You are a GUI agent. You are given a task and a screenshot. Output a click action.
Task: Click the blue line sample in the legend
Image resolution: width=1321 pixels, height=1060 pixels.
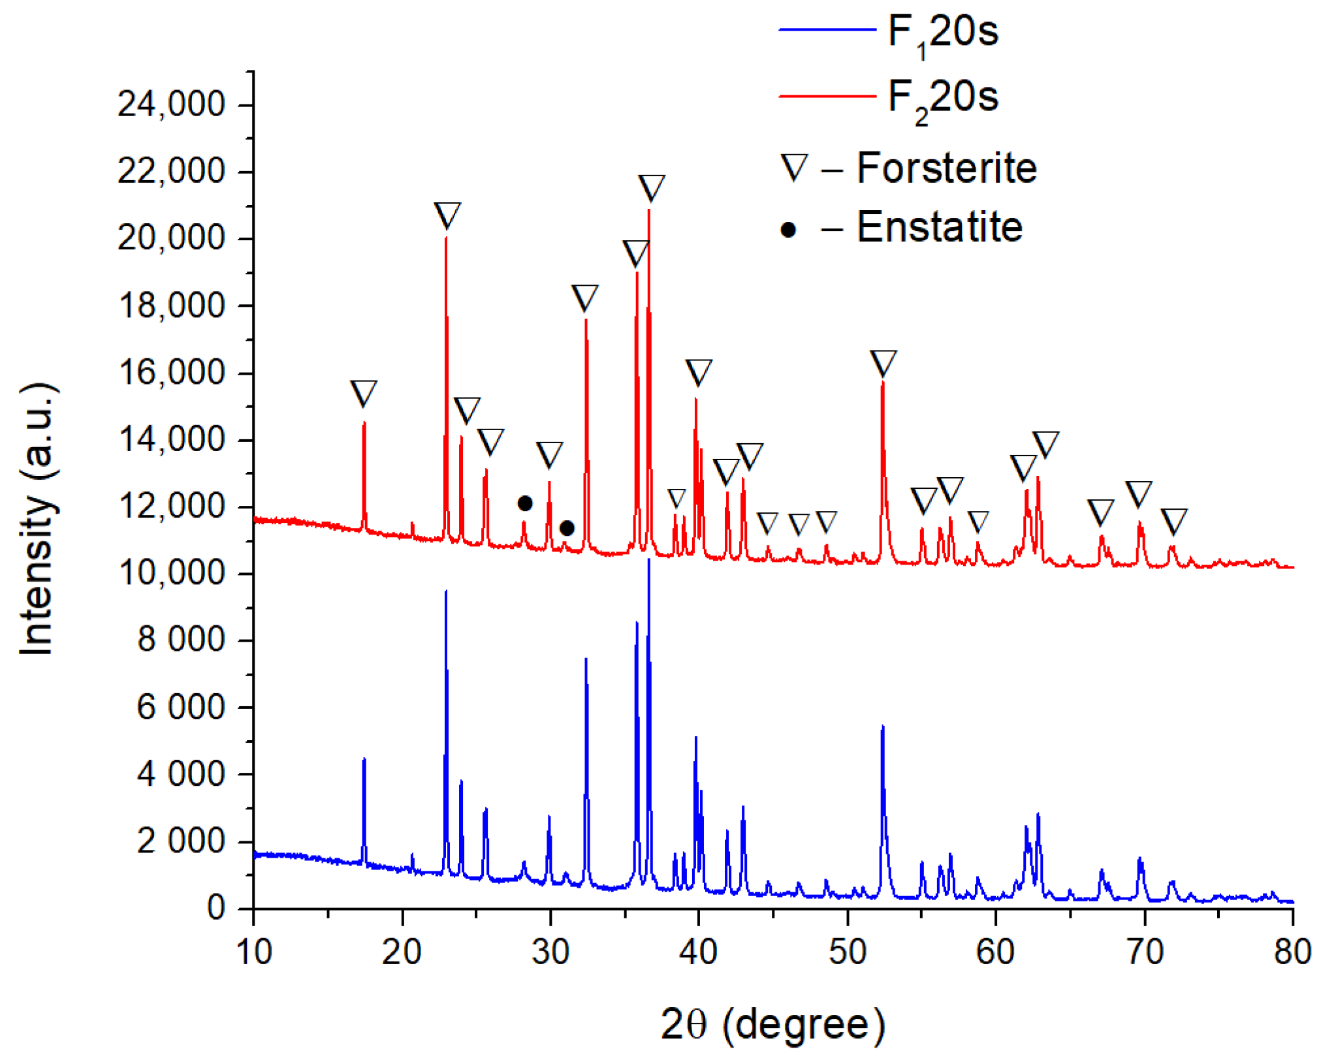pyautogui.click(x=827, y=30)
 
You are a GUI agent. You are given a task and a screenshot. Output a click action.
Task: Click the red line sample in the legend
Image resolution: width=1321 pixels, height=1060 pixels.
pyautogui.click(x=827, y=96)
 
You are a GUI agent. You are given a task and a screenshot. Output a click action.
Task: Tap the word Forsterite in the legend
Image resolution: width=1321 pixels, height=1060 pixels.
pyautogui.click(x=946, y=168)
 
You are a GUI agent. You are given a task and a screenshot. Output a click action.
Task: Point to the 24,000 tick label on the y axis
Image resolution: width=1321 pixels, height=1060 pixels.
pyautogui.click(x=171, y=104)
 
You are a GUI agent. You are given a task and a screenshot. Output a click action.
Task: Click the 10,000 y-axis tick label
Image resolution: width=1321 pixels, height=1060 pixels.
pyautogui.click(x=171, y=573)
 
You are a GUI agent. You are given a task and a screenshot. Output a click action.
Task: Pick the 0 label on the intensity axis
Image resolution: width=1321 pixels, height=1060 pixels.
pyautogui.click(x=216, y=908)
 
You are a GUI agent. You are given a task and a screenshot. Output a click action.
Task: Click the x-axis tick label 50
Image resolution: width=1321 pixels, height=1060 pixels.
pyautogui.click(x=847, y=952)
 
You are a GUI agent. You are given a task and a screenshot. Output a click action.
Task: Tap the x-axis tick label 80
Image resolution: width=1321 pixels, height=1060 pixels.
pyautogui.click(x=1292, y=952)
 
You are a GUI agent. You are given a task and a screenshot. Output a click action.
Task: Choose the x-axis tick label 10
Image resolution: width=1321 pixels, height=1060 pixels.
pyautogui.click(x=253, y=952)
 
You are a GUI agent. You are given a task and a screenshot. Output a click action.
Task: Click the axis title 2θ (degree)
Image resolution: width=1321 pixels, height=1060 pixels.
pyautogui.click(x=772, y=1024)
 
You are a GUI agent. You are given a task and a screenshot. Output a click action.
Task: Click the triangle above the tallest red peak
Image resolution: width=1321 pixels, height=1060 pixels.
pyautogui.click(x=651, y=187)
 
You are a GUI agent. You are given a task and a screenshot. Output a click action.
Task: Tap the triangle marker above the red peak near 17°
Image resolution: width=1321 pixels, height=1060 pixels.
pyautogui.click(x=364, y=393)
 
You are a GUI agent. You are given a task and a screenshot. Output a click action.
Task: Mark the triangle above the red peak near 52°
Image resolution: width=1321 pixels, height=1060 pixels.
pyautogui.click(x=883, y=363)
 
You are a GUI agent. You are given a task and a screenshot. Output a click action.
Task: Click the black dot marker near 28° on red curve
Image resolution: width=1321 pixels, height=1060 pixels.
pyautogui.click(x=525, y=503)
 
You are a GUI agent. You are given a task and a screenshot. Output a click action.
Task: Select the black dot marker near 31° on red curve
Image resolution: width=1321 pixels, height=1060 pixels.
pyautogui.click(x=567, y=527)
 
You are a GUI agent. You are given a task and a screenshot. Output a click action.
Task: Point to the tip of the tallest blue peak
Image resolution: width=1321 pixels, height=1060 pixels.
pyautogui.click(x=648, y=560)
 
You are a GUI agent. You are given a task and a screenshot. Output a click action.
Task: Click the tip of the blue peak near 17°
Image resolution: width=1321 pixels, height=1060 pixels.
pyautogui.click(x=364, y=759)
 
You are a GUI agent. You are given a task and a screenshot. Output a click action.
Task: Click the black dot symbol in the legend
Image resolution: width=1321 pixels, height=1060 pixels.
pyautogui.click(x=788, y=230)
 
